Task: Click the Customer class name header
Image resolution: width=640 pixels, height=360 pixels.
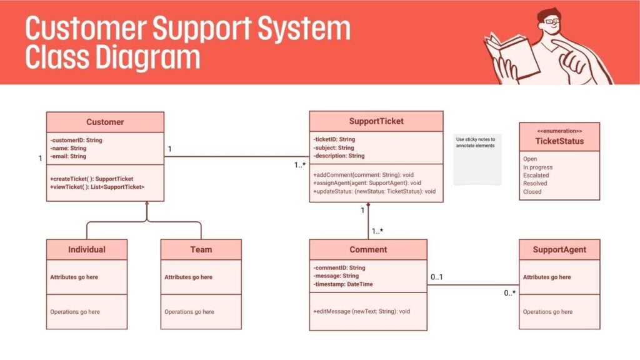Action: point(105,122)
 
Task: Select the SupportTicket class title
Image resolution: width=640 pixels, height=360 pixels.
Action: point(376,121)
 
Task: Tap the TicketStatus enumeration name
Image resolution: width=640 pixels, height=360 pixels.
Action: point(559,141)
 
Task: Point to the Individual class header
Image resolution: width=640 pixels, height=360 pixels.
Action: point(87,249)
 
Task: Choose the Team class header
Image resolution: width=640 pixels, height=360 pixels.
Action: point(201,249)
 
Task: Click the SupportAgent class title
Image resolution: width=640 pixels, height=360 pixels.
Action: point(559,249)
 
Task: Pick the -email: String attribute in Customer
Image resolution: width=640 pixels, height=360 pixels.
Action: point(69,156)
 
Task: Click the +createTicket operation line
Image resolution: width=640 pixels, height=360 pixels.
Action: point(91,179)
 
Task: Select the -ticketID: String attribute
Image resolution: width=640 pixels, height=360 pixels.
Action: point(334,139)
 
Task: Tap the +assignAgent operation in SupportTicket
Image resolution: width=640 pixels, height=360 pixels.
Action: point(367,183)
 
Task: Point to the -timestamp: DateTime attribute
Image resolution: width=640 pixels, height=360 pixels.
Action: point(343,284)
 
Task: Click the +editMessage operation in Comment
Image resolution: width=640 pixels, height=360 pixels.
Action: point(362,311)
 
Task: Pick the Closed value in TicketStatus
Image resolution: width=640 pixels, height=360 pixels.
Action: point(532,192)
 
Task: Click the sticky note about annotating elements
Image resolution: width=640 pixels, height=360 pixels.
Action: point(477,159)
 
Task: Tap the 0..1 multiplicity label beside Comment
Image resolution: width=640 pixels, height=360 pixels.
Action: point(437,276)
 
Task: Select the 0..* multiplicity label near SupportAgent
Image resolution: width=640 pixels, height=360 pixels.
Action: point(510,293)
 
